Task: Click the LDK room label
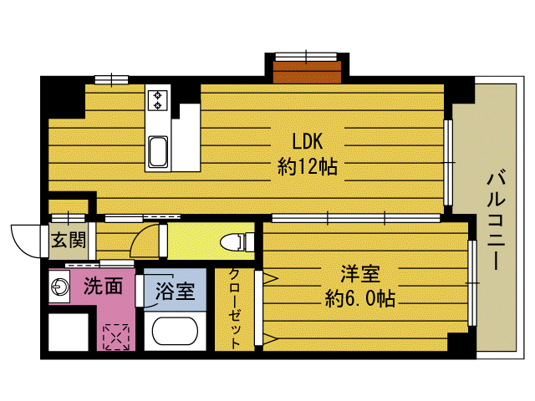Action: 307,140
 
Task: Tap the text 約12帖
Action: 307,166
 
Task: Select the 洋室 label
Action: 360,274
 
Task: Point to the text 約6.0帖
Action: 360,298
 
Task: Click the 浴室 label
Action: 176,292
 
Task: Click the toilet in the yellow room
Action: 235,242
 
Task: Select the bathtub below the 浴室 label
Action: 176,332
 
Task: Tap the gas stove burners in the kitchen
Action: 157,100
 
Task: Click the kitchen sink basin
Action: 157,153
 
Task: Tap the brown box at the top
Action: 307,72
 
